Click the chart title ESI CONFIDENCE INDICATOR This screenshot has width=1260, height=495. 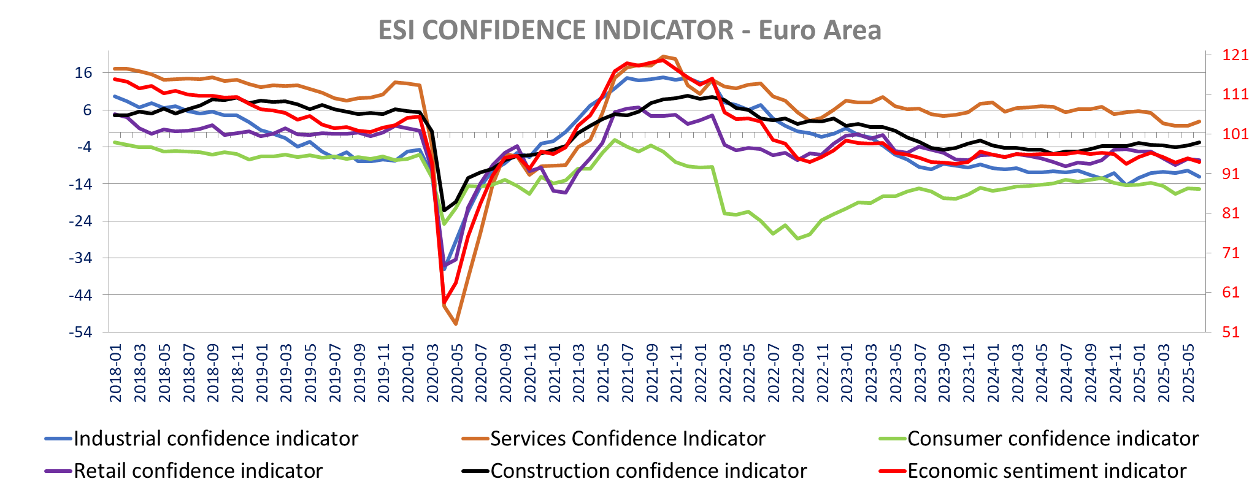tap(629, 30)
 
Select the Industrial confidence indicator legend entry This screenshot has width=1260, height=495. tap(215, 439)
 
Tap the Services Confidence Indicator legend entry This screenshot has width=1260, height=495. tap(628, 439)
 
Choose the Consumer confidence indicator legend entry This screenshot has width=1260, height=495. tap(1053, 439)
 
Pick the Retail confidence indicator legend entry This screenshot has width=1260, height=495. tap(198, 470)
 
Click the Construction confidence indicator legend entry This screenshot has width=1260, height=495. tap(648, 470)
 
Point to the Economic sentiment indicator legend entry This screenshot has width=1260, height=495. tap(1047, 470)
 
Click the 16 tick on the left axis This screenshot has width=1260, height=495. tap(83, 73)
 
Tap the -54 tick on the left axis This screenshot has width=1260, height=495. tap(80, 332)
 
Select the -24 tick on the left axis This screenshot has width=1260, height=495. tap(80, 221)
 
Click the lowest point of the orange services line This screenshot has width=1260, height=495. tap(456, 324)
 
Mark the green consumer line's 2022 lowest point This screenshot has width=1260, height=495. tap(797, 239)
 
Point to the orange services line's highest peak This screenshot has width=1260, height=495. tap(663, 56)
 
